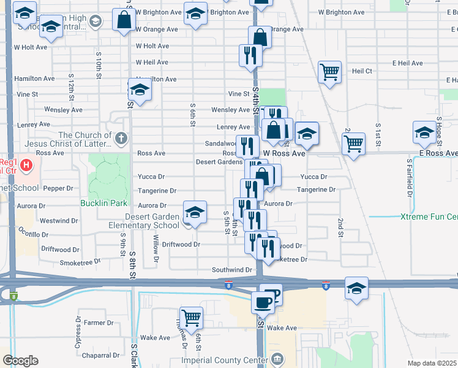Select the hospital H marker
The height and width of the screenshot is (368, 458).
click(26, 165)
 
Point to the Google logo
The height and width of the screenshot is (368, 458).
click(20, 361)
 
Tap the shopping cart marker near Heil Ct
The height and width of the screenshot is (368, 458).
click(329, 72)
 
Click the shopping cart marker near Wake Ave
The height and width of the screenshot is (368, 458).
click(192, 317)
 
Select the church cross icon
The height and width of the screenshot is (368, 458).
click(121, 139)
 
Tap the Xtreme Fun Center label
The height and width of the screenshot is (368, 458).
click(429, 217)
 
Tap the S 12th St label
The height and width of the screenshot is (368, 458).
click(72, 90)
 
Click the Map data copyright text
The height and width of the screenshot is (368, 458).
click(432, 363)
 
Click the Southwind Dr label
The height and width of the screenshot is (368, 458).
click(232, 270)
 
